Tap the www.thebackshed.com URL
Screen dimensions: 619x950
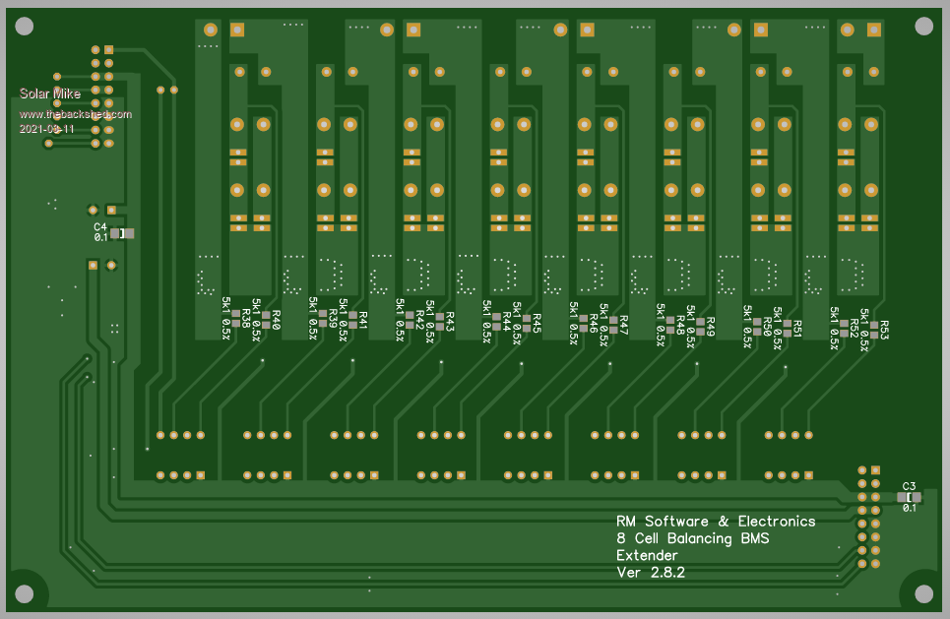[x=75, y=114]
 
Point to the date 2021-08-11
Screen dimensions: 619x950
[x=47, y=129]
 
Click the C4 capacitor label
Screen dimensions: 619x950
[x=100, y=226]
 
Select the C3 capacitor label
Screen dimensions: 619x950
[x=909, y=486]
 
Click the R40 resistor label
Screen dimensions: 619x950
[x=276, y=320]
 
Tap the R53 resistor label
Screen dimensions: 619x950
[x=884, y=330]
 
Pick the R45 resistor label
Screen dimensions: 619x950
[x=537, y=324]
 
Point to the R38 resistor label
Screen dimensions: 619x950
[x=246, y=320]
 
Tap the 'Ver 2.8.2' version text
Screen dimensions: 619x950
[x=650, y=572]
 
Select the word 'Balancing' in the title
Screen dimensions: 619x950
[x=704, y=538]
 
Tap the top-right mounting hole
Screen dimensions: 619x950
[x=923, y=26]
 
